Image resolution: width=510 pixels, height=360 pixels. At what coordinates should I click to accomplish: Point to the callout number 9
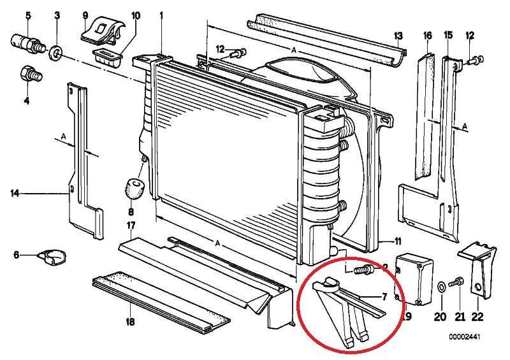click(x=85, y=14)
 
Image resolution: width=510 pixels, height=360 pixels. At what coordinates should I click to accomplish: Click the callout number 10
click(x=135, y=14)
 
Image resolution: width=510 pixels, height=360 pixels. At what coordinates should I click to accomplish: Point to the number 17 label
click(x=130, y=226)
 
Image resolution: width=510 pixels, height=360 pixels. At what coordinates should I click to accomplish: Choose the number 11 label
click(x=397, y=241)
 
